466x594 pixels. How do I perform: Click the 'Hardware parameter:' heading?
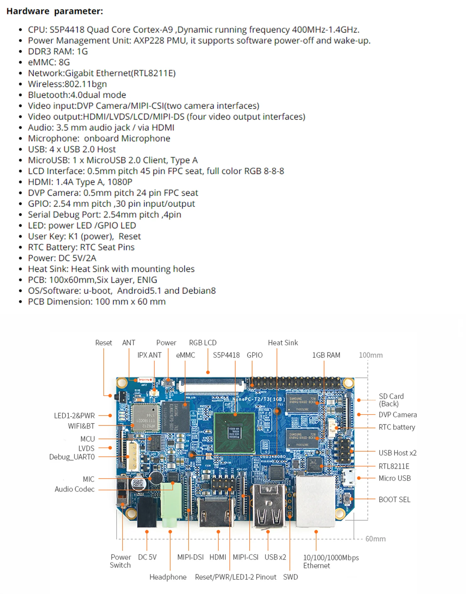coord(55,11)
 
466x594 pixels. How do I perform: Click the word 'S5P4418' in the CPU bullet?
coord(67,30)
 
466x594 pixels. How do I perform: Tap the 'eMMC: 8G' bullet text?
coord(49,62)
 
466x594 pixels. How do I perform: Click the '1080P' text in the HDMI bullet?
coord(120,182)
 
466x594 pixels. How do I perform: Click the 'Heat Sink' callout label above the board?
coord(283,343)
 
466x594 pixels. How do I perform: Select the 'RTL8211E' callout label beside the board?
coord(394,466)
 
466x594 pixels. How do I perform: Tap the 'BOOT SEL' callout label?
coord(394,499)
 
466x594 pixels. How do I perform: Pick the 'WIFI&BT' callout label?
coord(81,426)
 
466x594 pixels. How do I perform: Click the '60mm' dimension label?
coord(375,539)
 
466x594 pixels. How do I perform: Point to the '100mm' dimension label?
coord(370,355)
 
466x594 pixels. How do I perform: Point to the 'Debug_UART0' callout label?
coord(72,457)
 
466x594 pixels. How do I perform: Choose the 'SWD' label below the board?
coord(290,577)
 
